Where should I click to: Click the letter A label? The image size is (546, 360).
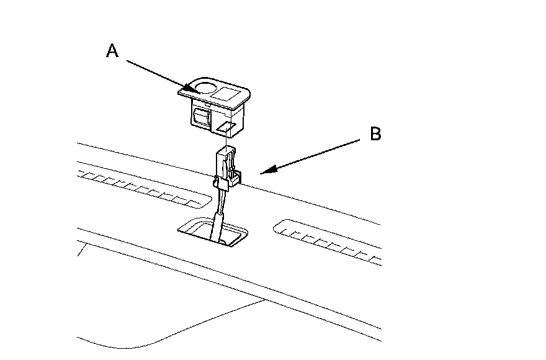coord(112,51)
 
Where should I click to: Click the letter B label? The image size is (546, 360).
coord(375,134)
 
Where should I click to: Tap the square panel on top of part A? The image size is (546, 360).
coord(228,94)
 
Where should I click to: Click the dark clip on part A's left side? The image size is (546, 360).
coord(201,116)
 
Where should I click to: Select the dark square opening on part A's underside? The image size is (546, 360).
coord(225,128)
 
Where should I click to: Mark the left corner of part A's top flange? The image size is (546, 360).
coord(179,91)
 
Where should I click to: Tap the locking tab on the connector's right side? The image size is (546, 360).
coord(236,179)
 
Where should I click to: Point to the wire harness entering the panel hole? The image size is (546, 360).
coord(217,223)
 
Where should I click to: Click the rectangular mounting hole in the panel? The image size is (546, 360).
coord(214,233)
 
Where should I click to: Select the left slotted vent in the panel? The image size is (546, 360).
coord(143,186)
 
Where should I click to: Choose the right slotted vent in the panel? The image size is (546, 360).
coord(329,239)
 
